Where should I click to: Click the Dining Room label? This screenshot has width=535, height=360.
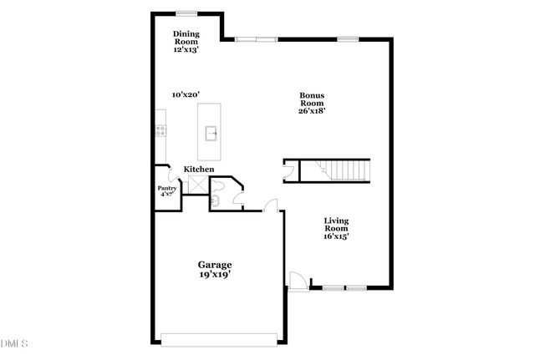tap(185, 38)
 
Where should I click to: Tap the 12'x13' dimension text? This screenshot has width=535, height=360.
tap(185, 50)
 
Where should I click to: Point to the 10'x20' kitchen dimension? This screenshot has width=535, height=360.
tap(185, 94)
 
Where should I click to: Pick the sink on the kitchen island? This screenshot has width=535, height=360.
tap(212, 132)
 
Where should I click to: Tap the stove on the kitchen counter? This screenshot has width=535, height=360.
tap(160, 129)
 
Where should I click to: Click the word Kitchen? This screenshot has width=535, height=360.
tap(199, 170)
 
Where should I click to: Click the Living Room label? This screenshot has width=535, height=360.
tap(336, 224)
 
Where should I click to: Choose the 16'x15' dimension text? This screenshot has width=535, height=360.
tap(336, 236)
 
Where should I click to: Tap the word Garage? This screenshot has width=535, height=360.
tap(215, 265)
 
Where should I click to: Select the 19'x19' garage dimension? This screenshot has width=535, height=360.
tap(215, 275)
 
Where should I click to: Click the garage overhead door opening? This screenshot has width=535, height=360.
tap(219, 339)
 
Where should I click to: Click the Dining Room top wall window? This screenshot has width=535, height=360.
tap(186, 13)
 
